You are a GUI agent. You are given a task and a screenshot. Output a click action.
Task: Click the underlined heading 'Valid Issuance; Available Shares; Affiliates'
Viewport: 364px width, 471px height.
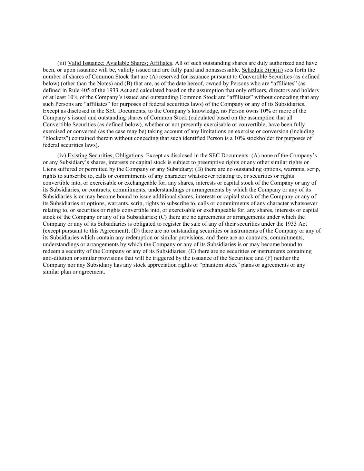pos(120,63)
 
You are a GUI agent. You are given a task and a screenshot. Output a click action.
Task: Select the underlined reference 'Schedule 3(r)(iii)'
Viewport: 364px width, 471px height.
pos(262,70)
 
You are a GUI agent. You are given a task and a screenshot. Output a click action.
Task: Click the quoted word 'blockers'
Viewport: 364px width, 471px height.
pos(56,138)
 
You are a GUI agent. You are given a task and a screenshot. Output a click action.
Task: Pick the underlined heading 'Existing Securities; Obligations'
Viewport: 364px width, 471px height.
pos(105,156)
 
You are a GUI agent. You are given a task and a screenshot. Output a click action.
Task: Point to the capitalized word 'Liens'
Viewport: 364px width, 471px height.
pos(49,169)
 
